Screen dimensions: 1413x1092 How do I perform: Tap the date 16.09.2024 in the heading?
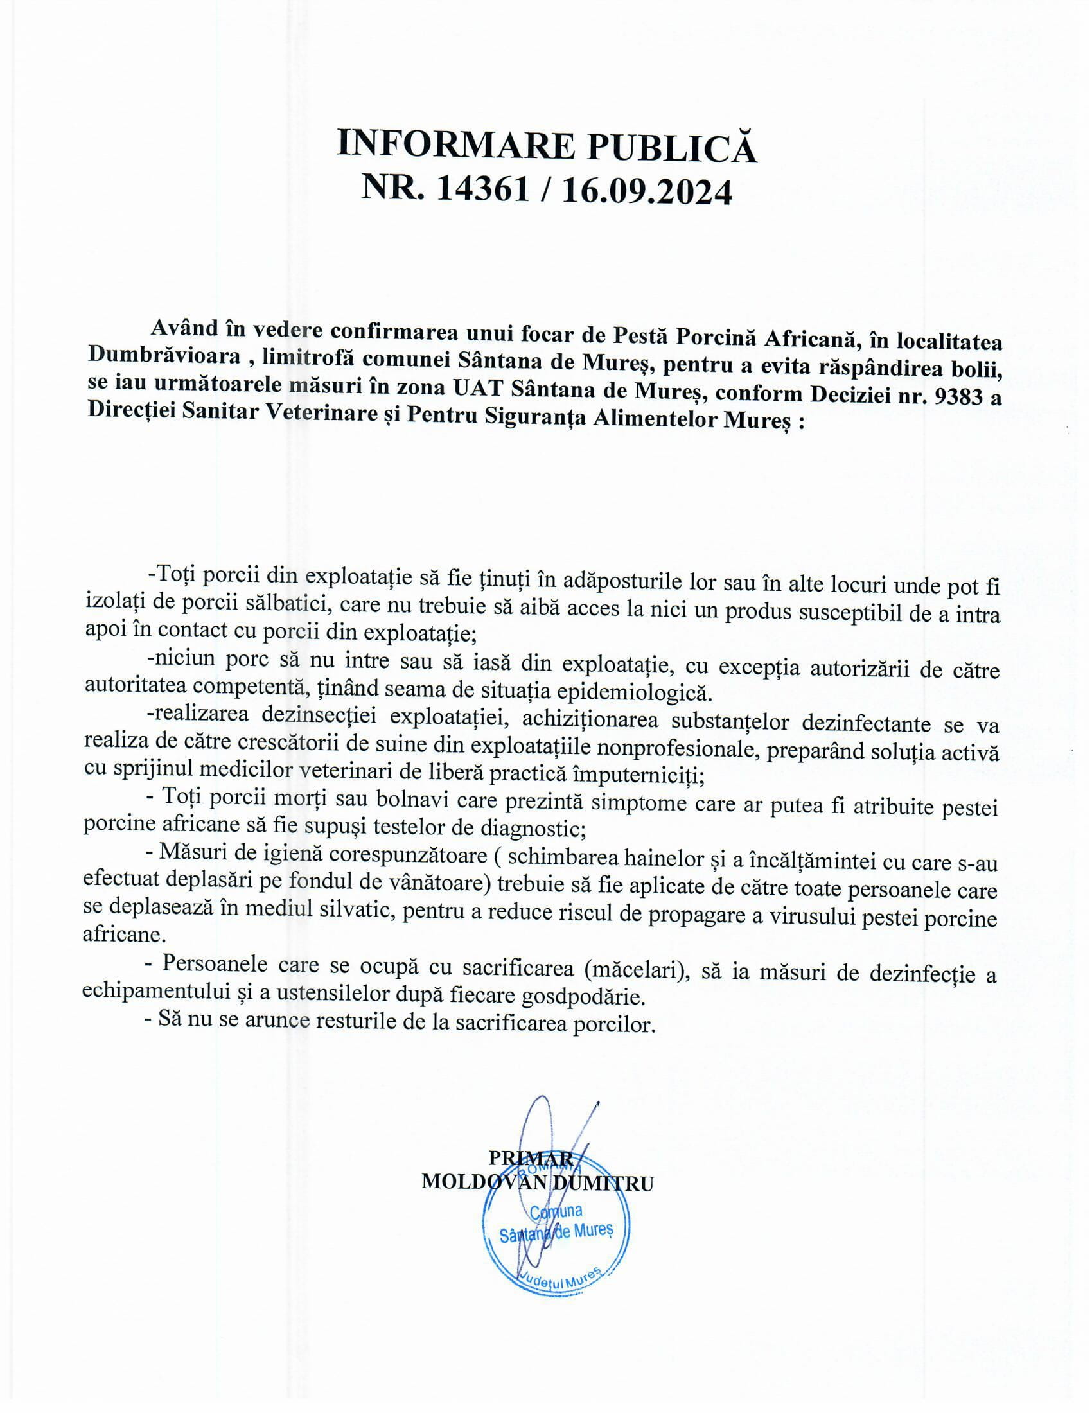pos(647,193)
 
